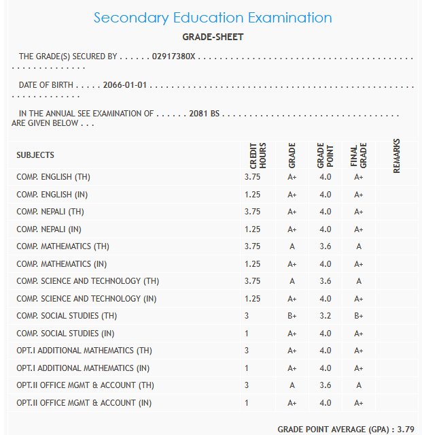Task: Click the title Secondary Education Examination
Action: point(213,18)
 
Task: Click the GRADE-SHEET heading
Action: point(213,37)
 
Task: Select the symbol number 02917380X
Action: point(174,57)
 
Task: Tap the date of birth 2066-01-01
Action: point(125,86)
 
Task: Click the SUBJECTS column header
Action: point(35,155)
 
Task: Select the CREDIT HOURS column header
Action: point(258,156)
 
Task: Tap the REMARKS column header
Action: point(396,156)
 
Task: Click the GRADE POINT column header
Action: point(325,156)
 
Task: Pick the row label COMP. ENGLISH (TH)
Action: point(54,177)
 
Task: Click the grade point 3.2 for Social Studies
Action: point(325,316)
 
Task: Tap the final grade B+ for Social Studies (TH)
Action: point(359,316)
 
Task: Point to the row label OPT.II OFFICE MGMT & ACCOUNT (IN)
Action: point(84,403)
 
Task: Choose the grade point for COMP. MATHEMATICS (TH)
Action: point(325,246)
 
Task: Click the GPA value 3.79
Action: point(406,429)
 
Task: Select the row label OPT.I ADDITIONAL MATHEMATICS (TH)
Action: point(84,351)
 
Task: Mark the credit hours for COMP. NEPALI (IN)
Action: point(252,229)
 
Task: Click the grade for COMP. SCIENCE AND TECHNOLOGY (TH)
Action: point(292,281)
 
